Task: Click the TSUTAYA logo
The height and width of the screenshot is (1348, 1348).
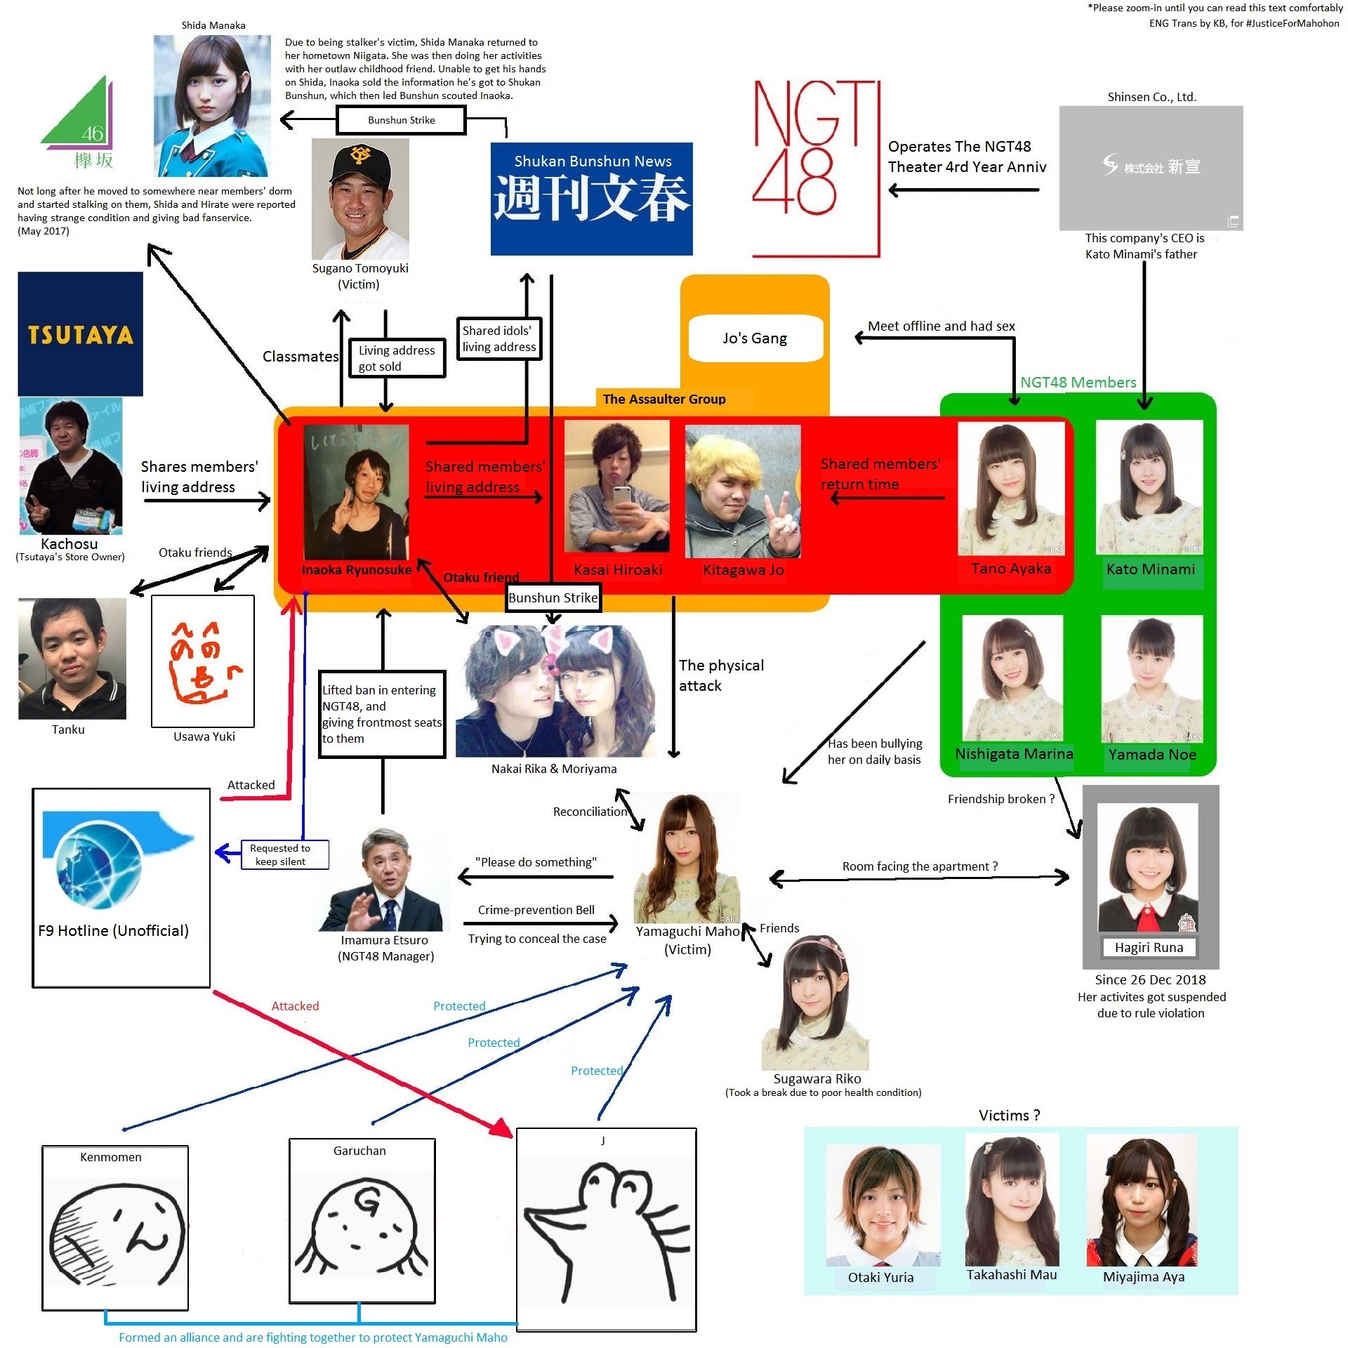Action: [x=80, y=334]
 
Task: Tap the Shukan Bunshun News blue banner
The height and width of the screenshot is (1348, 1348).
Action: [x=591, y=199]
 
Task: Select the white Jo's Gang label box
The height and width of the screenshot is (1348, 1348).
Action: [x=755, y=338]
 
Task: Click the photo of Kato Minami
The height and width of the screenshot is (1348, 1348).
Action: [x=1149, y=488]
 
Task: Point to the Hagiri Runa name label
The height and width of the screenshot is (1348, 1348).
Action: [x=1149, y=947]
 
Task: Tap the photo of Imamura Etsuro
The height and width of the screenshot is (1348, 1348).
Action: [x=385, y=880]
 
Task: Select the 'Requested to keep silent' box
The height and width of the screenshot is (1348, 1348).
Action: [x=284, y=854]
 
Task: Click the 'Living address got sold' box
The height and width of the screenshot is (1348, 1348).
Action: [x=397, y=358]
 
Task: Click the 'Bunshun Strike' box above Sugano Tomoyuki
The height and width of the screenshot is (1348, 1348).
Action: [x=401, y=120]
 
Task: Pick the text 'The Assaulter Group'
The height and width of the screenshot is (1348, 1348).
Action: [x=663, y=399]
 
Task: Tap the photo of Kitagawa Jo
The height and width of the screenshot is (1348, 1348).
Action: [x=742, y=491]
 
